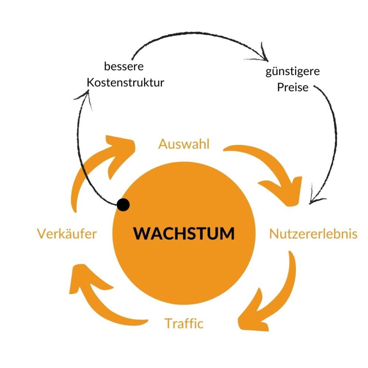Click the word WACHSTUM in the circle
pyautogui.click(x=184, y=234)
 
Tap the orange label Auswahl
pyautogui.click(x=184, y=145)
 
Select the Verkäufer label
pyautogui.click(x=67, y=234)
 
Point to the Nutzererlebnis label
pyautogui.click(x=313, y=234)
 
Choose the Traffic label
pyautogui.click(x=184, y=323)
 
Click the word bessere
pyautogui.click(x=124, y=67)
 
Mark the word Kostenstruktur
pyautogui.click(x=125, y=83)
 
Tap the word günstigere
pyautogui.click(x=293, y=71)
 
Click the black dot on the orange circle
pyautogui.click(x=123, y=205)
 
